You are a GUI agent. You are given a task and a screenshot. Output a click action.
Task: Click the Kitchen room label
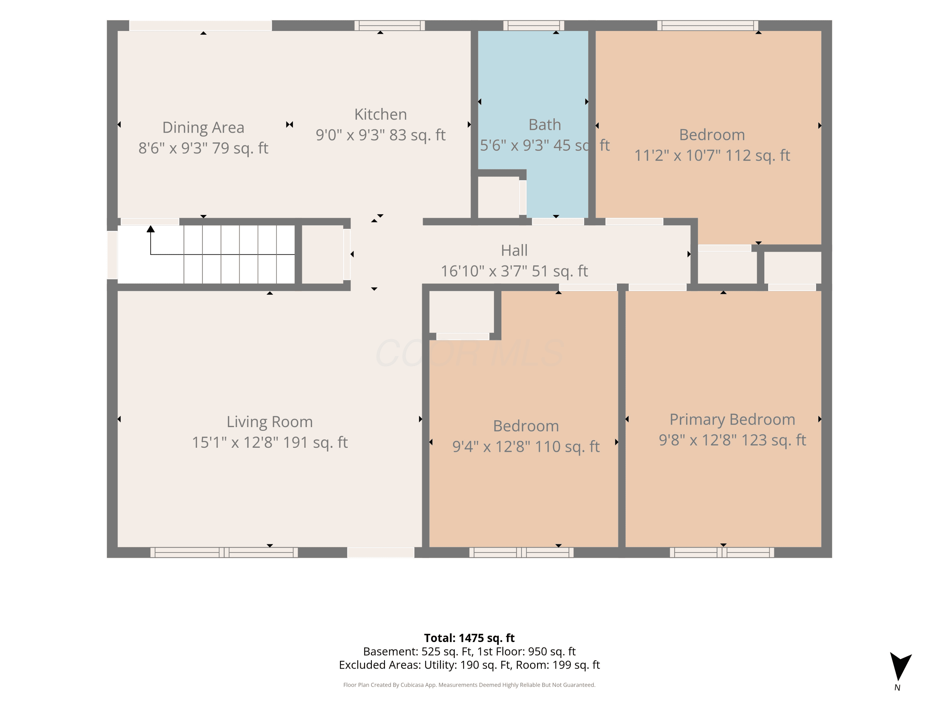[380, 114]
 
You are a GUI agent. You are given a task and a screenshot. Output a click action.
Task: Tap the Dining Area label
[203, 127]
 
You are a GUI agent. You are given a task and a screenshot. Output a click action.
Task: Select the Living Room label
[269, 422]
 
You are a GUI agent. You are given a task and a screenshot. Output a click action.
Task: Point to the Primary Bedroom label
[732, 420]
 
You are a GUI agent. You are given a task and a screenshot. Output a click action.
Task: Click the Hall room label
[514, 250]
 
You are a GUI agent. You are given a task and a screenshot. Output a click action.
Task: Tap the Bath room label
[545, 125]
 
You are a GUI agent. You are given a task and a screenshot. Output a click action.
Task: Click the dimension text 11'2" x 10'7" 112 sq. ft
[712, 155]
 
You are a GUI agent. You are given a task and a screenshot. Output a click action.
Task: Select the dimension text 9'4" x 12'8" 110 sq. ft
[526, 446]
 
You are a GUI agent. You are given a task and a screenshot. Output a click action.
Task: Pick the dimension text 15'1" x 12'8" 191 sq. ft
[269, 442]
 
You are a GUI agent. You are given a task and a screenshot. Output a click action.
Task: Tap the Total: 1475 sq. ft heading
[469, 638]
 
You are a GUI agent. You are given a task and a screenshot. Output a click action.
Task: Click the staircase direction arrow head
[151, 229]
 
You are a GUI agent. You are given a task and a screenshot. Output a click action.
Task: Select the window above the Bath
[534, 25]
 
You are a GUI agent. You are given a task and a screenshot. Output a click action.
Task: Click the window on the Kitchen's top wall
[390, 25]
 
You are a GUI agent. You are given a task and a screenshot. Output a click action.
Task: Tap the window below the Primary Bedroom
[722, 552]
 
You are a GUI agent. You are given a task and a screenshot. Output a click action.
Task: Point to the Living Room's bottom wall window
[224, 552]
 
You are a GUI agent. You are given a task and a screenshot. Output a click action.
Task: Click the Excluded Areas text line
[469, 665]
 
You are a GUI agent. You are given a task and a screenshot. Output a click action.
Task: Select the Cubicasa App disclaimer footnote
[469, 685]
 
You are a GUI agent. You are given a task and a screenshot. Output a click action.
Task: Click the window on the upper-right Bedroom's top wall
[708, 25]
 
